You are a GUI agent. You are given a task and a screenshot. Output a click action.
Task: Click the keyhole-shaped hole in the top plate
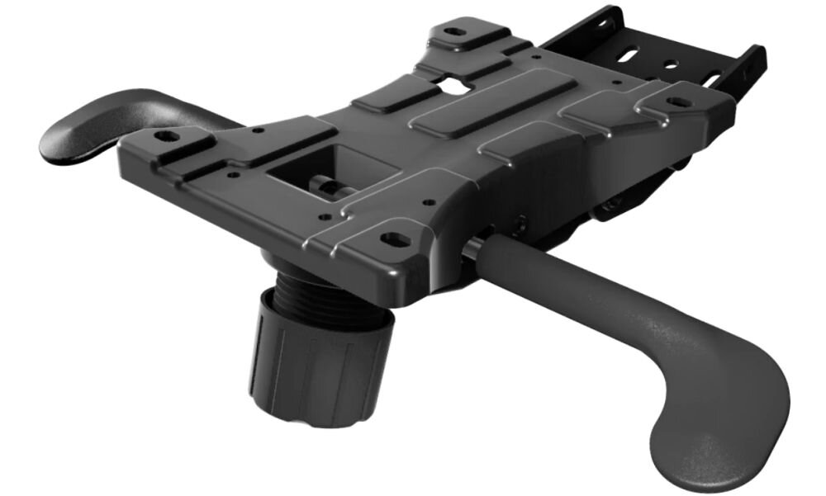[x=453, y=83]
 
